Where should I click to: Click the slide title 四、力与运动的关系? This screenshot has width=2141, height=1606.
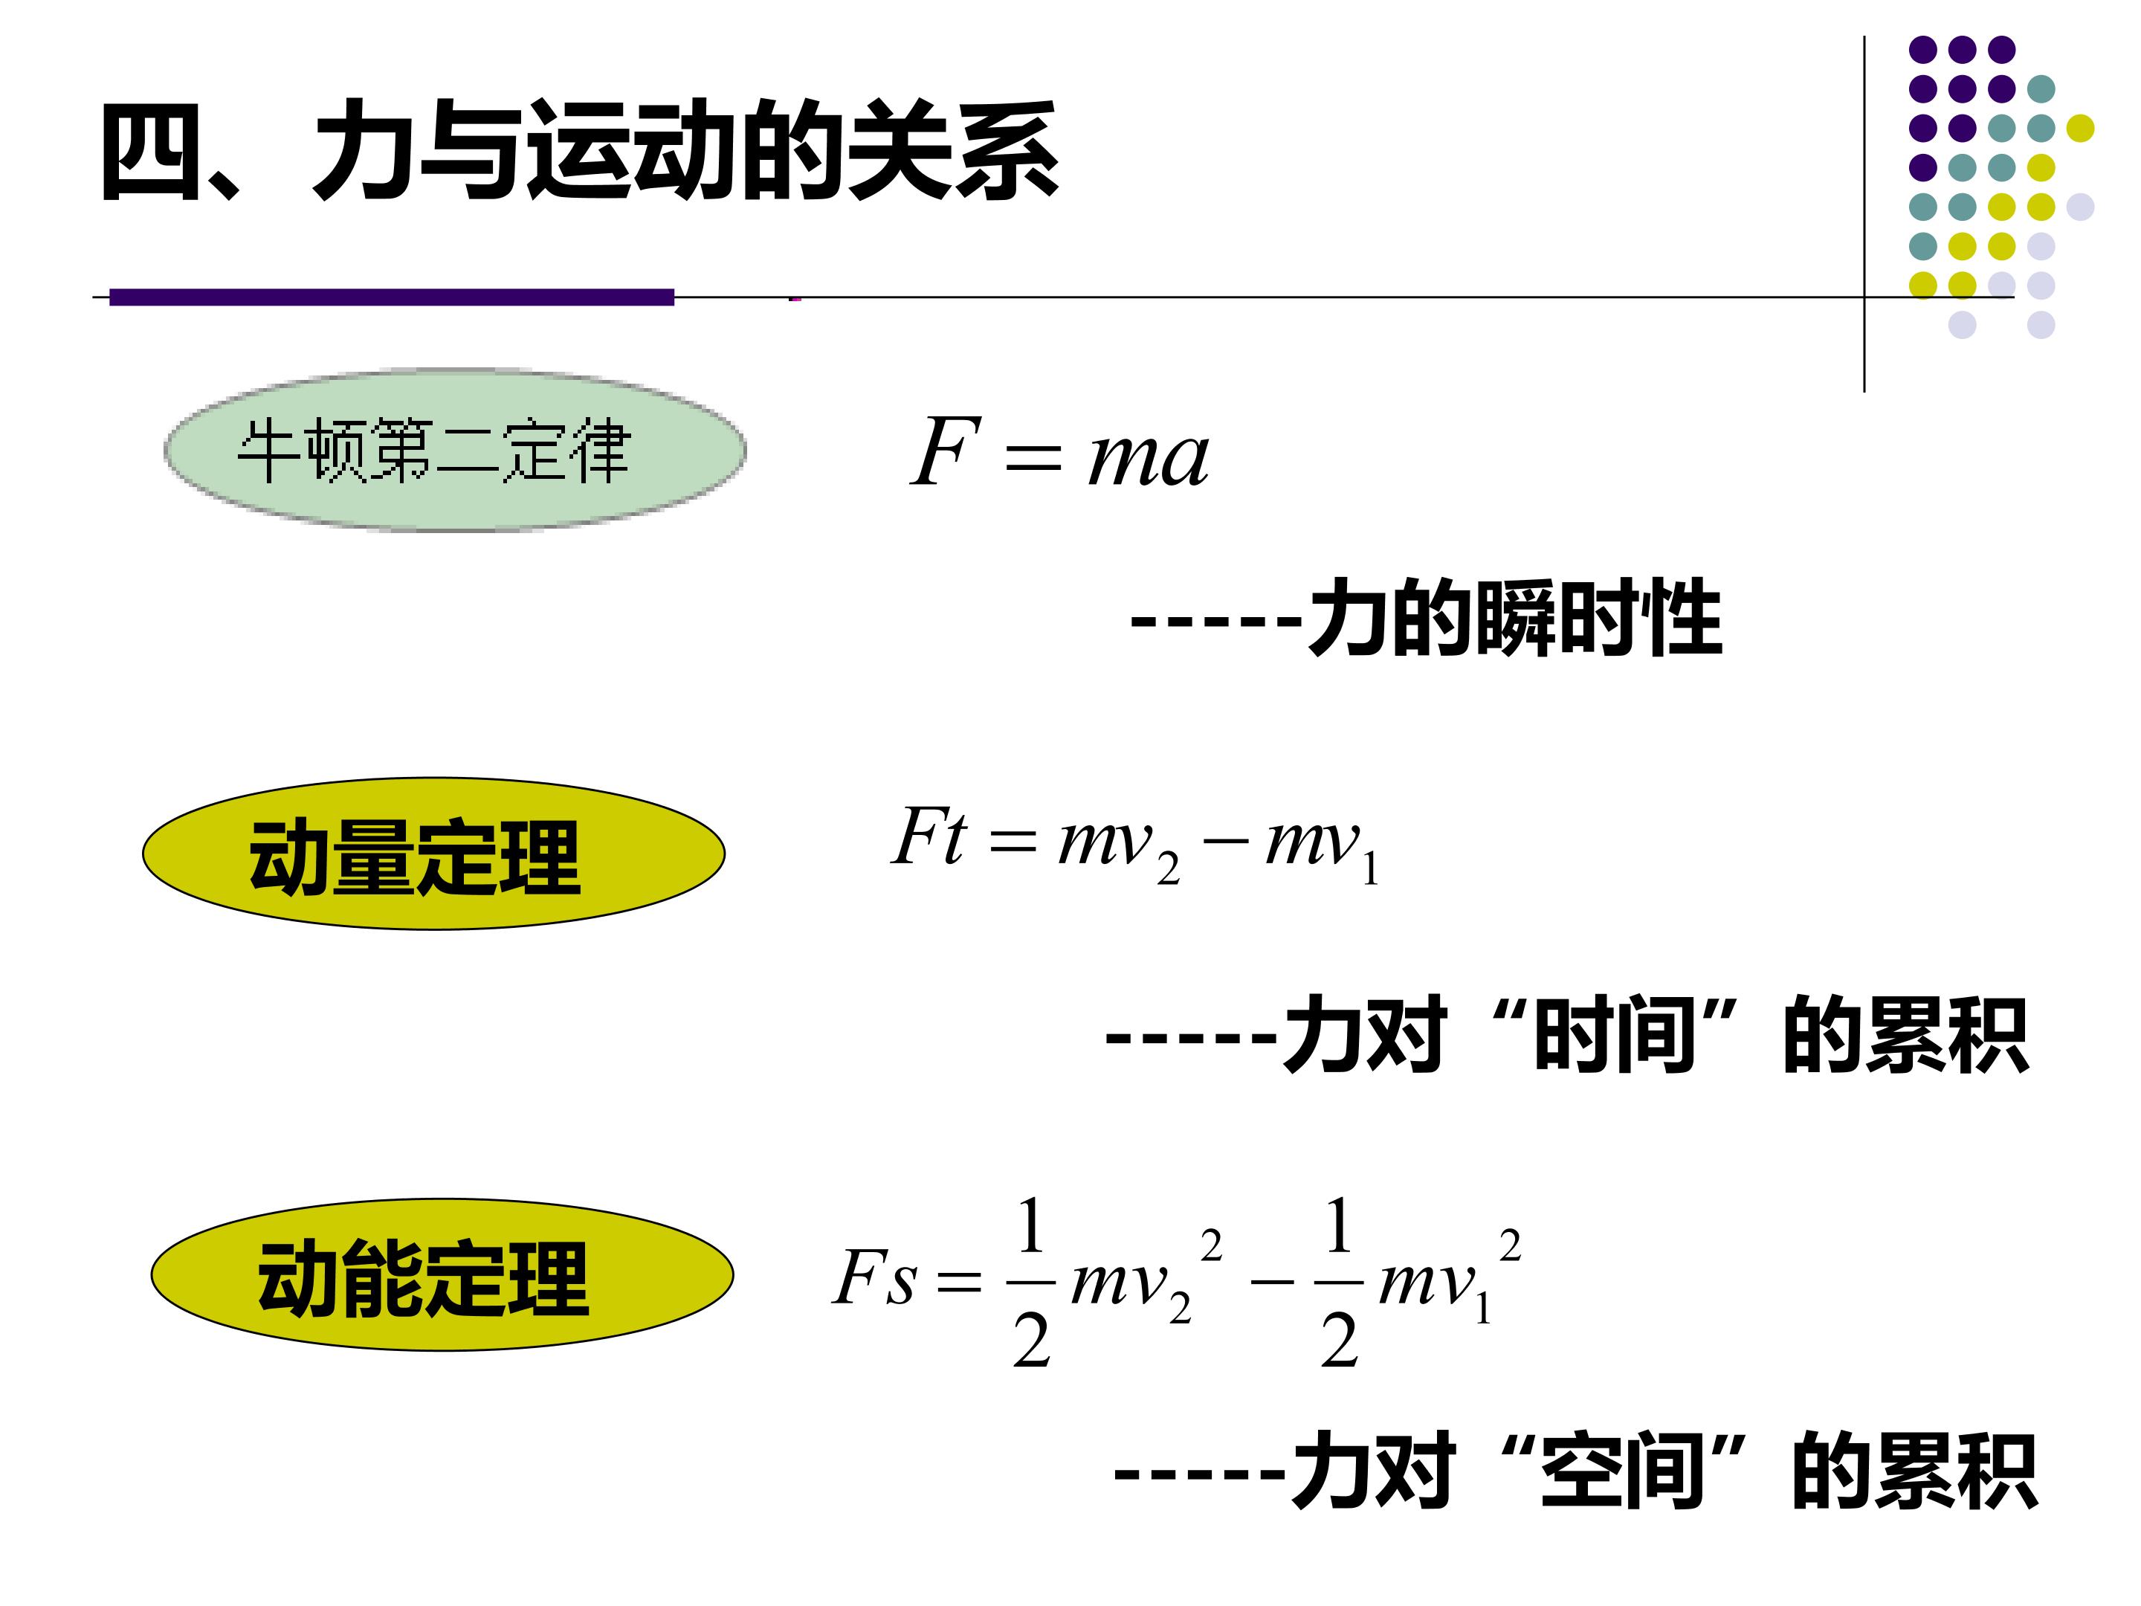(580, 152)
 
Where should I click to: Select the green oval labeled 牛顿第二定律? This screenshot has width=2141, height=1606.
(455, 450)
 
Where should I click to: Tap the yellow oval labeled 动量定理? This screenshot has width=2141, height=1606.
(433, 854)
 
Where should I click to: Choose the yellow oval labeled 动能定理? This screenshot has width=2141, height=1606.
(442, 1275)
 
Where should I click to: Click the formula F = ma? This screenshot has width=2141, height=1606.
(1060, 452)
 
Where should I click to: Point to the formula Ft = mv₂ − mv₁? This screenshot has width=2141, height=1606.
(1134, 843)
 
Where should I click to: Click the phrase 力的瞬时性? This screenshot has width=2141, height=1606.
(1515, 618)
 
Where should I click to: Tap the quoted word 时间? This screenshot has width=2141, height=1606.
(1615, 1034)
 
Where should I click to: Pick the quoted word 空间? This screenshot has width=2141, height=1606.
(1622, 1469)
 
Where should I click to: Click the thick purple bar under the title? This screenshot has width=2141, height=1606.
(392, 297)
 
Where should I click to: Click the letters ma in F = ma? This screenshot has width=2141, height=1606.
(1149, 459)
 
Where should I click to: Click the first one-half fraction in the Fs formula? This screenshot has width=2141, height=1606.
(1031, 1282)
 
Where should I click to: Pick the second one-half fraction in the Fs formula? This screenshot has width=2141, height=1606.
(1339, 1282)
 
